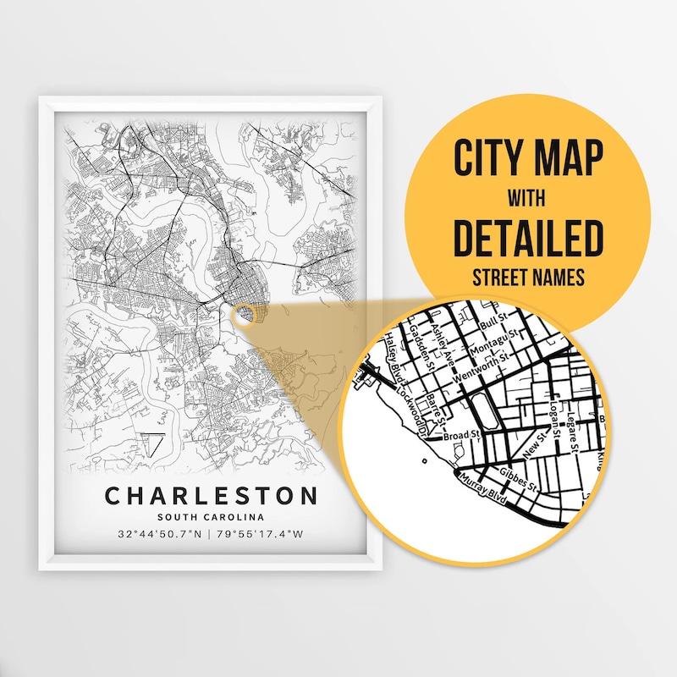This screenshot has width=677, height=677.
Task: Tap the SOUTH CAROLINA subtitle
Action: (211, 517)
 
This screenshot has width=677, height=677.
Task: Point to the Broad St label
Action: (462, 435)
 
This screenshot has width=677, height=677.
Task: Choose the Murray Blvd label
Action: (482, 491)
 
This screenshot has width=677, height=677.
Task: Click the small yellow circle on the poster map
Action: (245, 315)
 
